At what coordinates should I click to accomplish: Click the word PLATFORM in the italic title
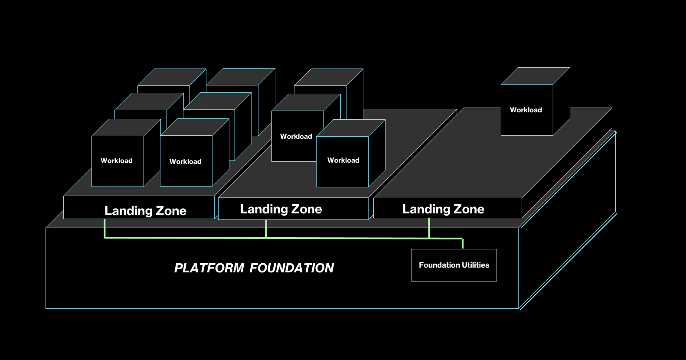[209, 268]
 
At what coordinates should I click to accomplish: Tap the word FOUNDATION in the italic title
[291, 268]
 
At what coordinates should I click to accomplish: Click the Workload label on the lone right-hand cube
[526, 110]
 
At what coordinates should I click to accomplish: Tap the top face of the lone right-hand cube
[536, 76]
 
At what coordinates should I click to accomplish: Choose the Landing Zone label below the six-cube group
[145, 211]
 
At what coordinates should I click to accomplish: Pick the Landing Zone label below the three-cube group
[281, 209]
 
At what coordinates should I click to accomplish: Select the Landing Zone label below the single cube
[443, 209]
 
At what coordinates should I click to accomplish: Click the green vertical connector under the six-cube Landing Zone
[105, 228]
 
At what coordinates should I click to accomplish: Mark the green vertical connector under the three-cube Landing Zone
[266, 229]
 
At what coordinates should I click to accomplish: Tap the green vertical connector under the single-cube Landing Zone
[429, 228]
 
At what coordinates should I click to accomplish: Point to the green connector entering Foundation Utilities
[463, 244]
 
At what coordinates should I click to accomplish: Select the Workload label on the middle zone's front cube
[343, 160]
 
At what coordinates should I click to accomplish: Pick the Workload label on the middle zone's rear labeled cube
[296, 137]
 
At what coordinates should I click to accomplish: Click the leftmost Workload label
[116, 161]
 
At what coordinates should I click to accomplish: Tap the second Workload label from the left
[185, 162]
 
